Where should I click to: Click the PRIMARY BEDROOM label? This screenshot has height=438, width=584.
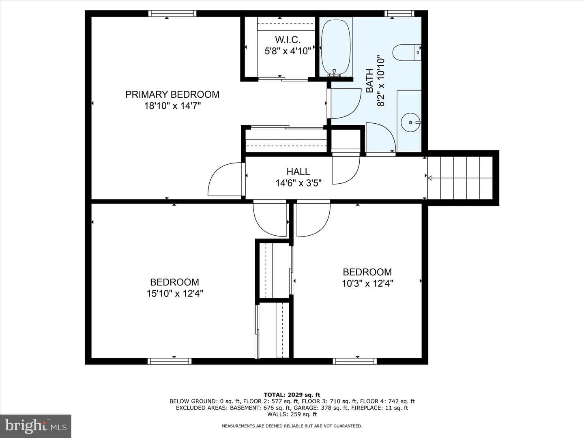172,94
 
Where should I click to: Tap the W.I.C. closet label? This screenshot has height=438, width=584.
288,40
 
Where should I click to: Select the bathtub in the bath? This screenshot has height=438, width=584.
336,47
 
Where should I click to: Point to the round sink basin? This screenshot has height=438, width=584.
410,122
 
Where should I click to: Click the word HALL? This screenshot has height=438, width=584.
298,172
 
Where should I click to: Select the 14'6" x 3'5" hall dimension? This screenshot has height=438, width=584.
298,183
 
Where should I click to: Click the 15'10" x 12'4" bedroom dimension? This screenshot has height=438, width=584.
175,294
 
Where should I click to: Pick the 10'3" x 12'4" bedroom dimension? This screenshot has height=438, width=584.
367,284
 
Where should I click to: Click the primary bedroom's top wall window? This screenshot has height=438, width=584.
172,13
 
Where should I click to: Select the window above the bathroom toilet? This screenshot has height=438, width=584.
399,13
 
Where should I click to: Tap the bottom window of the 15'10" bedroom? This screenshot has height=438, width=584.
170,361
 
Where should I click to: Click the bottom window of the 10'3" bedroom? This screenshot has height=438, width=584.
354,361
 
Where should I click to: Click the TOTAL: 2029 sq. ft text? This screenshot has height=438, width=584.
292,395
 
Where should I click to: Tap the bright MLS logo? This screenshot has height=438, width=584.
36,426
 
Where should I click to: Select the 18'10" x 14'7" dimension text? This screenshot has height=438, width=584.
172,106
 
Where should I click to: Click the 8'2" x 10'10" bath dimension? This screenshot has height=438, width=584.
381,81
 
